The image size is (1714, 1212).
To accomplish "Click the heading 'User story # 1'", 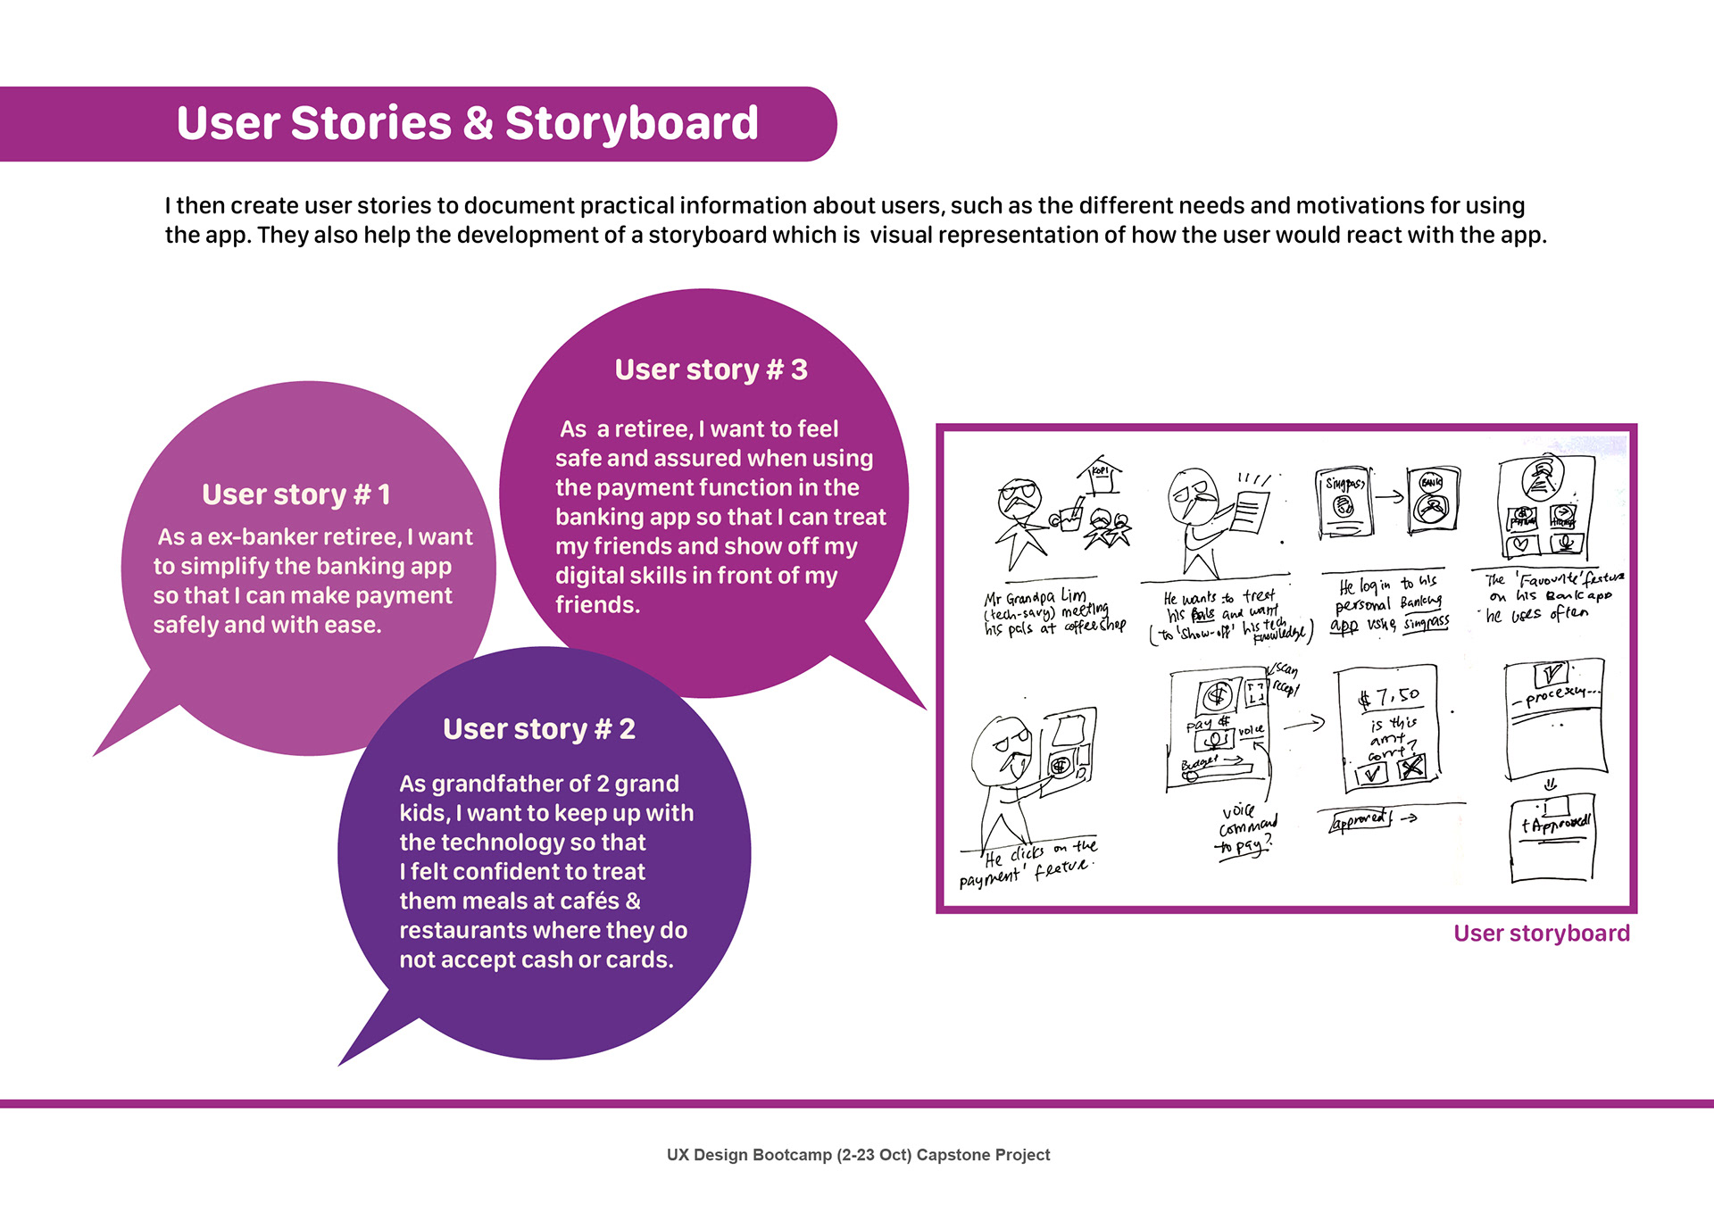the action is click(x=295, y=494).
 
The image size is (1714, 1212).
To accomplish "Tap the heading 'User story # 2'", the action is click(x=538, y=729).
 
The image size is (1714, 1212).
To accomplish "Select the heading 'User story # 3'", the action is click(x=711, y=369).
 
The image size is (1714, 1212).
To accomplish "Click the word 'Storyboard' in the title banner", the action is click(x=631, y=123).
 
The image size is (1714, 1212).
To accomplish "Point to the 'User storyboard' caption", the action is click(x=1541, y=934).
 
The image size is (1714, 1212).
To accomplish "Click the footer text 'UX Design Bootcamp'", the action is click(x=749, y=1155).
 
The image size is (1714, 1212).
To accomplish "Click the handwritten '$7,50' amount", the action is click(x=1389, y=697).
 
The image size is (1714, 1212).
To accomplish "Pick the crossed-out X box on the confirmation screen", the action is click(x=1411, y=768).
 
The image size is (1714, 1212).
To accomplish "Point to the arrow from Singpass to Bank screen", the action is click(x=1388, y=496).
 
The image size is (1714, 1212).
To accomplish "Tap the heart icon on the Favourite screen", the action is click(x=1520, y=542).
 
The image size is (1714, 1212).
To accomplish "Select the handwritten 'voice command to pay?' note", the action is click(x=1247, y=829).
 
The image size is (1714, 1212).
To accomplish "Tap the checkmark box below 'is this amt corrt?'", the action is click(x=1371, y=773).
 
